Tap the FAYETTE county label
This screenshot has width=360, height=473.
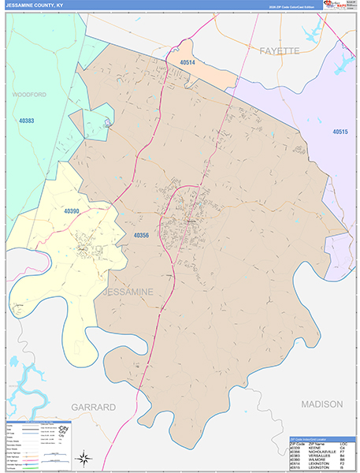(x=280, y=50)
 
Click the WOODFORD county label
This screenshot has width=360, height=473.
(x=29, y=94)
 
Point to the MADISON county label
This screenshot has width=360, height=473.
(x=321, y=404)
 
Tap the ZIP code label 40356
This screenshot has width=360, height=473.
(x=141, y=235)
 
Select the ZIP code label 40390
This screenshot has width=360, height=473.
(x=73, y=212)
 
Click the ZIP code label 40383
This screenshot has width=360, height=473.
(x=26, y=121)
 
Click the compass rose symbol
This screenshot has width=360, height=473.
(x=84, y=456)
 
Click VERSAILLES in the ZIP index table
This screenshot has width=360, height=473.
(x=311, y=453)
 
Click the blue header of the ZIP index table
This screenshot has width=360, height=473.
(x=317, y=436)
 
